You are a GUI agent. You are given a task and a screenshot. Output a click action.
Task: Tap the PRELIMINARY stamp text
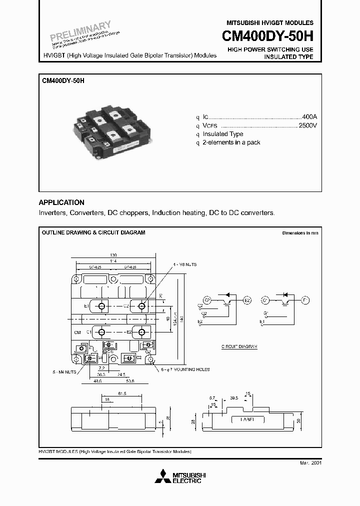click(80, 31)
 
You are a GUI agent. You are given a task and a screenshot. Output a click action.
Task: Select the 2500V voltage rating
click(307, 125)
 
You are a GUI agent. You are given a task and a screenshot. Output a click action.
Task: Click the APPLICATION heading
click(61, 202)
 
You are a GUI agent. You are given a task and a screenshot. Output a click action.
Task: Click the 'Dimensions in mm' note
click(300, 233)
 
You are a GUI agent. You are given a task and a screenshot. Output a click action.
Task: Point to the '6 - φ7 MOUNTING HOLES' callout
click(185, 369)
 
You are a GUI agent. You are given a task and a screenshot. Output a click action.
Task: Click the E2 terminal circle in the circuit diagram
click(246, 299)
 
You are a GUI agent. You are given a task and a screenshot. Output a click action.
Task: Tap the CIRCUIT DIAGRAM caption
click(239, 346)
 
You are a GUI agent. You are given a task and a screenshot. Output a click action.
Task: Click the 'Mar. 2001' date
click(310, 463)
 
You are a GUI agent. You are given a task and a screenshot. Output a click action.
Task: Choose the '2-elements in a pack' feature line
click(231, 142)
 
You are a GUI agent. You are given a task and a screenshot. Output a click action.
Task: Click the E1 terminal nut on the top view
click(101, 306)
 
